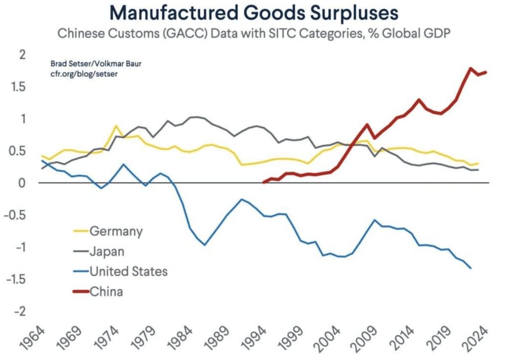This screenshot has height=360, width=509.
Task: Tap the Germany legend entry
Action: click(116, 231)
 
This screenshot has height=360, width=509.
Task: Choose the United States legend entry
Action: click(128, 272)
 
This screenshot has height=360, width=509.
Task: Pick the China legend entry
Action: click(106, 292)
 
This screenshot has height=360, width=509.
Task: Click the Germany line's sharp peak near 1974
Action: click(115, 126)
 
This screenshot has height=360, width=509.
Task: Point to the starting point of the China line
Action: click(264, 183)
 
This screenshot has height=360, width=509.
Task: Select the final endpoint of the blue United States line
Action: click(471, 268)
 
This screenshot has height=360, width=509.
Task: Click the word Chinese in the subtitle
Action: click(79, 34)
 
